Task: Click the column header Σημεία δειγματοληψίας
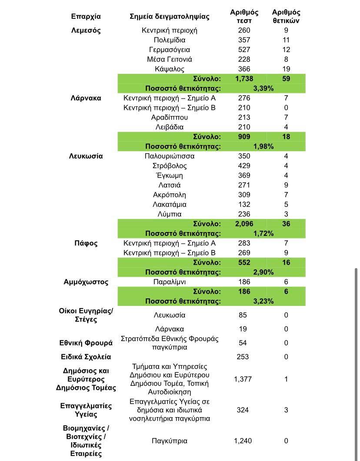pos(170,17)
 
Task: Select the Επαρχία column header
pos(86,17)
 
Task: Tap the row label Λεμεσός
pos(86,30)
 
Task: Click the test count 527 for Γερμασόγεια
pos(244,50)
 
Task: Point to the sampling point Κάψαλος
pos(170,69)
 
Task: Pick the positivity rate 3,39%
pos(263,88)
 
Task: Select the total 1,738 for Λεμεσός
pos(244,79)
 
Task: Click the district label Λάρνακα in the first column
pos(86,98)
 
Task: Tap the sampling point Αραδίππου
pos(170,117)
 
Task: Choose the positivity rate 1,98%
pos(263,146)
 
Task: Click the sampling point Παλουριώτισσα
pos(170,156)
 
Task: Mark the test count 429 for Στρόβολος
pos(244,166)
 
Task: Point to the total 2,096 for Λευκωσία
pos(244,224)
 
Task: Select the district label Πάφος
pos(86,243)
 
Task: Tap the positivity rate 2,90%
pos(263,272)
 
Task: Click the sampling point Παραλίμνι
pos(170,282)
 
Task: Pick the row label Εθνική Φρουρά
pos(86,343)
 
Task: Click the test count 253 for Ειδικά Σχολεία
pos(243,357)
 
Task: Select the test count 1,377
pos(243,379)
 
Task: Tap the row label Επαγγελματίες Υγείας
pos(86,410)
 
